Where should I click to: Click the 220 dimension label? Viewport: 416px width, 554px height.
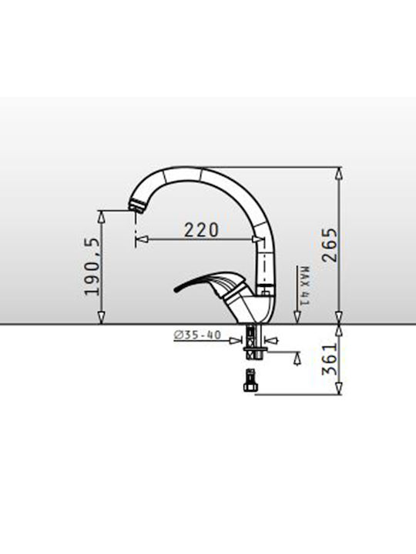point(201,230)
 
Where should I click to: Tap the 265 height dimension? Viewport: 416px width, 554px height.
point(330,245)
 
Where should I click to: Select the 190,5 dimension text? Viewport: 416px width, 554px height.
point(91,266)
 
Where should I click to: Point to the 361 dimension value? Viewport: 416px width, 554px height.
point(330,359)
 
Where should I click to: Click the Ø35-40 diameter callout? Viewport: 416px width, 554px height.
point(197,335)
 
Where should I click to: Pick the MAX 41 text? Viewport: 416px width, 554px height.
point(304,285)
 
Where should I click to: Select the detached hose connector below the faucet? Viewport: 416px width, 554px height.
point(250,380)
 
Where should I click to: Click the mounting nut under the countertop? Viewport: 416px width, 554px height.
point(254,353)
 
